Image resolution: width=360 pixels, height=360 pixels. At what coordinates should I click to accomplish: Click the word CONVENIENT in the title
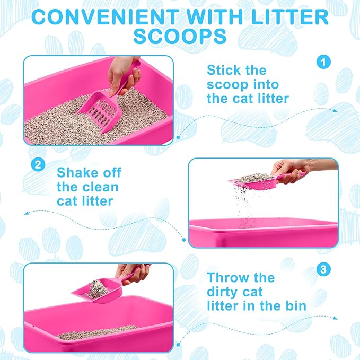point(106,17)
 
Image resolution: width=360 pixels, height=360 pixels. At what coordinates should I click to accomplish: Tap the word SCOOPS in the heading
point(180,36)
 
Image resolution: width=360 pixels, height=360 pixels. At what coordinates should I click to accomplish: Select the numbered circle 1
point(323,62)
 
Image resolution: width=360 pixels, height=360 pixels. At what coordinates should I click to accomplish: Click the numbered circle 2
point(38,164)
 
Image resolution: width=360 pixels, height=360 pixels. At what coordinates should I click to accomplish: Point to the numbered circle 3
point(323,269)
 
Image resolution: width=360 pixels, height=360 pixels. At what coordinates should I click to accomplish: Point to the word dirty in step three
point(222,292)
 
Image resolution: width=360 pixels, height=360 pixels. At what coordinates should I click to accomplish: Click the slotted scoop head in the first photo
point(100,111)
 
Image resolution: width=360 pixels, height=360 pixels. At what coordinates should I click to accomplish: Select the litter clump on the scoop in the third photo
point(97,289)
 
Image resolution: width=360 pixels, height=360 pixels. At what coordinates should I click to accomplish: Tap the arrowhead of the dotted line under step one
point(336,110)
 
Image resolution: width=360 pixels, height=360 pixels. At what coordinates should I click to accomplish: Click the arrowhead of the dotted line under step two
point(27,213)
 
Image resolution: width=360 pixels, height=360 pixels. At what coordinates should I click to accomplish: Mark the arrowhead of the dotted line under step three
point(336,318)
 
